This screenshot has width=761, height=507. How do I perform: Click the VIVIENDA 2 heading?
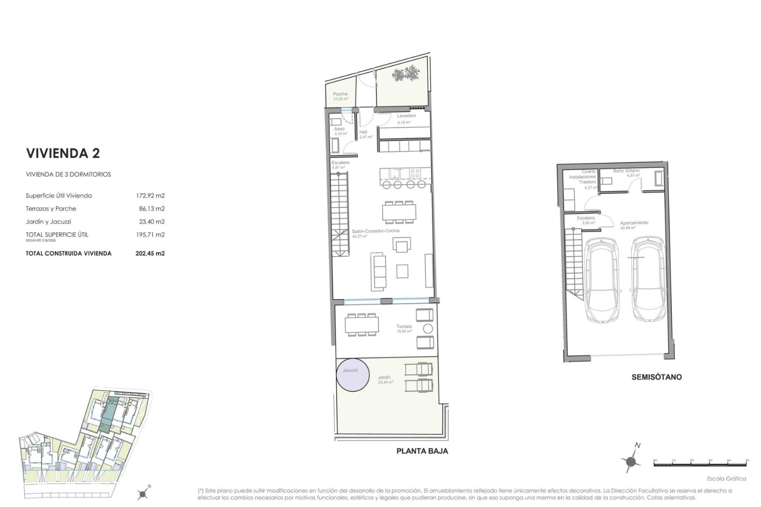click(x=63, y=153)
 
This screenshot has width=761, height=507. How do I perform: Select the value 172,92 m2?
click(x=150, y=196)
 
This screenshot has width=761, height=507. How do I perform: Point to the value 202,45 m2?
click(x=150, y=253)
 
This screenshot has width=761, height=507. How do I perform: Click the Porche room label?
click(x=340, y=94)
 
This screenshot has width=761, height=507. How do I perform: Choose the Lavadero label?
click(x=406, y=116)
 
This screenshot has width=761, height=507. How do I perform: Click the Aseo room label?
click(x=339, y=129)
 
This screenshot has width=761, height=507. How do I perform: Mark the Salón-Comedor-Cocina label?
click(x=375, y=231)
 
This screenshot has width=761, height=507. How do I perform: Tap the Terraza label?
click(x=404, y=326)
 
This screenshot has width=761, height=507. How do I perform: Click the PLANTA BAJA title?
click(x=422, y=451)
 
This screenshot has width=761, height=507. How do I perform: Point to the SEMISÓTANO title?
click(x=656, y=377)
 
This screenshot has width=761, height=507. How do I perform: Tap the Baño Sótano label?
click(x=626, y=171)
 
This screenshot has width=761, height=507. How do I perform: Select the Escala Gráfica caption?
click(x=727, y=478)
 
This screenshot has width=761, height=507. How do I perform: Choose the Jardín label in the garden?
click(x=384, y=377)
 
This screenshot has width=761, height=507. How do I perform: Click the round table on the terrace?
click(x=428, y=328)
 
